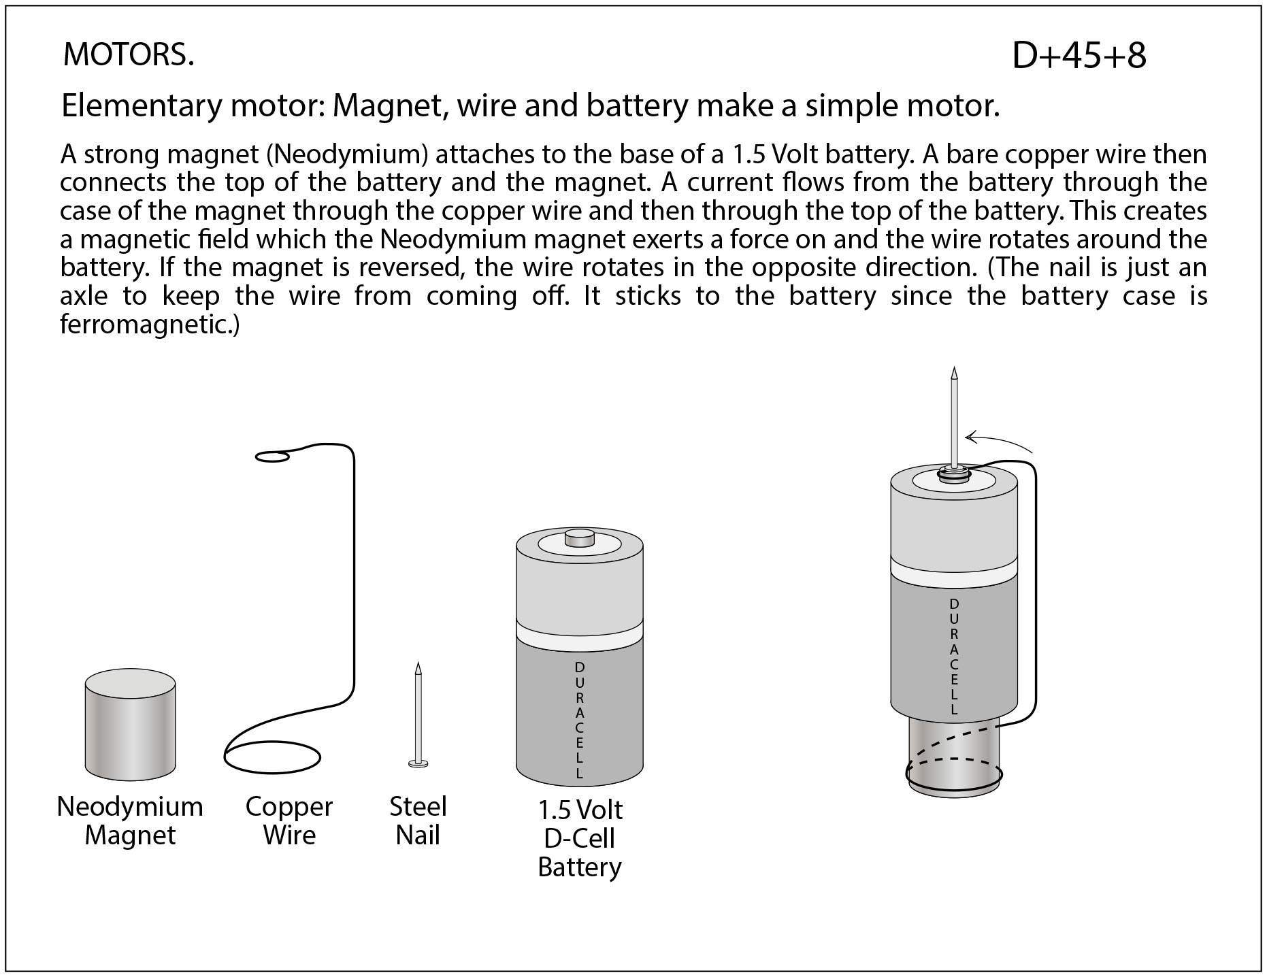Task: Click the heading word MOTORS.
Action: tap(128, 54)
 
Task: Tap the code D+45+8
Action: tap(1079, 56)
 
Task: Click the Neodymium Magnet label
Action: tap(130, 821)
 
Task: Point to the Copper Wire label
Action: tap(289, 821)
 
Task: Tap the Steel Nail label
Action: tap(417, 821)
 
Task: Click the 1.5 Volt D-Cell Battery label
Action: tap(580, 838)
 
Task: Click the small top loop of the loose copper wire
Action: tap(272, 457)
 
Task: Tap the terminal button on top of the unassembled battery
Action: tap(580, 539)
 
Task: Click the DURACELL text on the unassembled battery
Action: tap(580, 719)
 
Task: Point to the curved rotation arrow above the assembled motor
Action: tap(997, 440)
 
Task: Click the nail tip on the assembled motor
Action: tap(955, 374)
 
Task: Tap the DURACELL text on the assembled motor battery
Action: tap(954, 657)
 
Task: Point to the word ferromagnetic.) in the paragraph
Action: tap(150, 325)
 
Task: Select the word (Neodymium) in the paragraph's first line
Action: tap(347, 155)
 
